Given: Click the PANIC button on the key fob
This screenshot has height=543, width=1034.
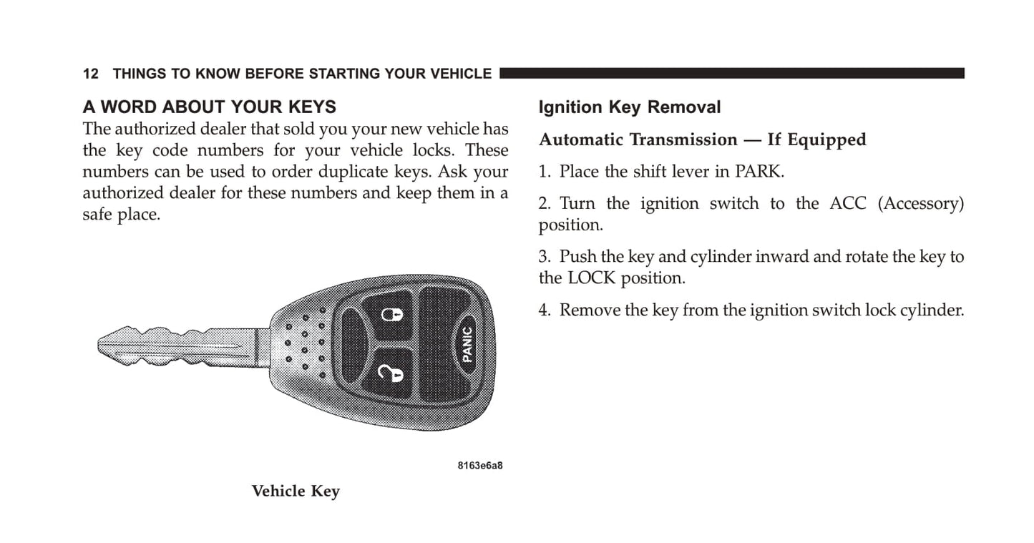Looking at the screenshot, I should [x=467, y=344].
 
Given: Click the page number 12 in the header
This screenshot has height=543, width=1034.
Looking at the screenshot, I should [x=90, y=74].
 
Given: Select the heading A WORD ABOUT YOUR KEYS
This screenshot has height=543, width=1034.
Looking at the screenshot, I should [x=209, y=107].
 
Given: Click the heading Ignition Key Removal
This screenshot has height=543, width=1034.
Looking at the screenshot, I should [x=629, y=107].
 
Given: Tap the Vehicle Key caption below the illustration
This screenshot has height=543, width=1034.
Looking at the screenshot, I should [x=296, y=491].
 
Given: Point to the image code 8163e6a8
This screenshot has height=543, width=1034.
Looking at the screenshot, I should [x=480, y=466].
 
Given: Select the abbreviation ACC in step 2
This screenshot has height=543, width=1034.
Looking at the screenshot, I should [x=848, y=204].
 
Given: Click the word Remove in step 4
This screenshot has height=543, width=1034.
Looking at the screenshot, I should [x=590, y=310].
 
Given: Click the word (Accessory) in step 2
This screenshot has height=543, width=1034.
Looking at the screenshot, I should [x=920, y=204].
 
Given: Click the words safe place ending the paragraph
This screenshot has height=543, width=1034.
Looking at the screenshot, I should [x=120, y=215].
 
